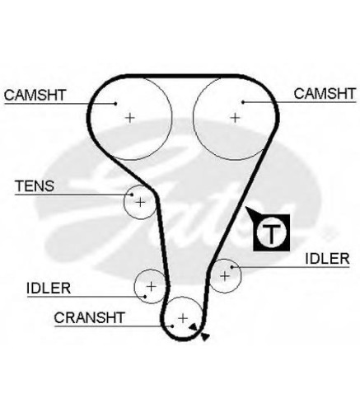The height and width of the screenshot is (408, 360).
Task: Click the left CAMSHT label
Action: (35, 95)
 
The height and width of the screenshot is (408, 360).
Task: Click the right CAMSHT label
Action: (325, 94)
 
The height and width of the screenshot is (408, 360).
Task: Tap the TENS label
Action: (35, 186)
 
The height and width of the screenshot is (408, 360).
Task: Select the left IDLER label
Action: (49, 288)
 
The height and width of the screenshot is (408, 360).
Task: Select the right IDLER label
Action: (327, 259)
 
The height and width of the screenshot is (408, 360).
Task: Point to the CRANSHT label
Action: (90, 317)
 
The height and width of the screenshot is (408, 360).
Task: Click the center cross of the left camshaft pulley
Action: (130, 118)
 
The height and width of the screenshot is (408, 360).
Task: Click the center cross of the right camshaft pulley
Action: (235, 118)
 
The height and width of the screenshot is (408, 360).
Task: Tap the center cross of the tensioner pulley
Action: (140, 203)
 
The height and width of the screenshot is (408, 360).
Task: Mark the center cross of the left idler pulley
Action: (151, 287)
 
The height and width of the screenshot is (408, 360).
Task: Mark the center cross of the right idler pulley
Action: (225, 275)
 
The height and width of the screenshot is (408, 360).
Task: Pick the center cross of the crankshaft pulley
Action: (183, 318)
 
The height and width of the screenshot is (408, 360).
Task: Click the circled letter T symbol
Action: (271, 232)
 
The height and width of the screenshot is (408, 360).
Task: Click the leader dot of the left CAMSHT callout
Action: (115, 104)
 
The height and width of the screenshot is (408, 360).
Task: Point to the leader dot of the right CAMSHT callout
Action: (243, 102)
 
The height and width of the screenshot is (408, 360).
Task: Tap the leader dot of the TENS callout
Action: (132, 195)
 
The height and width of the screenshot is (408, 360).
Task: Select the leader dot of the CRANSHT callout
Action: (172, 326)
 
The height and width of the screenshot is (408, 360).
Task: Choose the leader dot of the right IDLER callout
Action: (232, 267)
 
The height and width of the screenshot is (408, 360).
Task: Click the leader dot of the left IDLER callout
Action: (145, 297)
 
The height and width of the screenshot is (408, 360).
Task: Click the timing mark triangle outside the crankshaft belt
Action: (205, 336)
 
